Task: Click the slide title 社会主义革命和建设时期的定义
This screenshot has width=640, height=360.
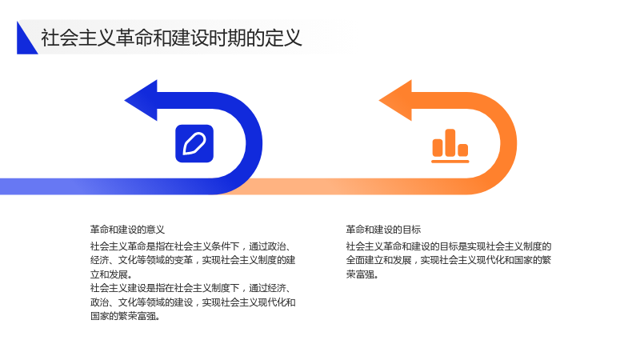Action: pyautogui.click(x=171, y=38)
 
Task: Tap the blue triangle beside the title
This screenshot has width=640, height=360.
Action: pyautogui.click(x=25, y=41)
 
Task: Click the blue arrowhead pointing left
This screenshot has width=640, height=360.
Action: pyautogui.click(x=142, y=101)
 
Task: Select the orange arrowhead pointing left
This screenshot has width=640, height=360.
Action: pyautogui.click(x=396, y=101)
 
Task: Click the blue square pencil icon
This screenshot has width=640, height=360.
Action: pyautogui.click(x=194, y=144)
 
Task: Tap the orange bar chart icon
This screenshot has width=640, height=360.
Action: pyautogui.click(x=450, y=146)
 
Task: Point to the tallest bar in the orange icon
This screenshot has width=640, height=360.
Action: pyautogui.click(x=450, y=143)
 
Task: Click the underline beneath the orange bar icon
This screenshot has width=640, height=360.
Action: pyautogui.click(x=450, y=162)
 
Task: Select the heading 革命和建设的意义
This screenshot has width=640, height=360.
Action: pyautogui.click(x=127, y=230)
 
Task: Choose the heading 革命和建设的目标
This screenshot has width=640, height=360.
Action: pyautogui.click(x=383, y=230)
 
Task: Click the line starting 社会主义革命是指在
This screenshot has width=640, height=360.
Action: pyautogui.click(x=190, y=246)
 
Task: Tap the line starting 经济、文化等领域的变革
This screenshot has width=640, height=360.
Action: pyautogui.click(x=193, y=261)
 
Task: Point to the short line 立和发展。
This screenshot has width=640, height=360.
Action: pyautogui.click(x=111, y=274)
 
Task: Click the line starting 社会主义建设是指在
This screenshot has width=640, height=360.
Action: pyautogui.click(x=190, y=288)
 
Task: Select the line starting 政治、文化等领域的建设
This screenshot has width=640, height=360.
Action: pyautogui.click(x=193, y=302)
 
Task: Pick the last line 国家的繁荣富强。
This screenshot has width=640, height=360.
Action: pyautogui.click(x=125, y=316)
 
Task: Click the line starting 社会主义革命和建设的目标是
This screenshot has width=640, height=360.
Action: pyautogui.click(x=449, y=246)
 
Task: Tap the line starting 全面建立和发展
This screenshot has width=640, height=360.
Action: pyautogui.click(x=449, y=261)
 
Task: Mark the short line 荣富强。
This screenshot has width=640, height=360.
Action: pyautogui.click(x=362, y=274)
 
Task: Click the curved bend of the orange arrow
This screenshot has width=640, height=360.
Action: pyautogui.click(x=508, y=143)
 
